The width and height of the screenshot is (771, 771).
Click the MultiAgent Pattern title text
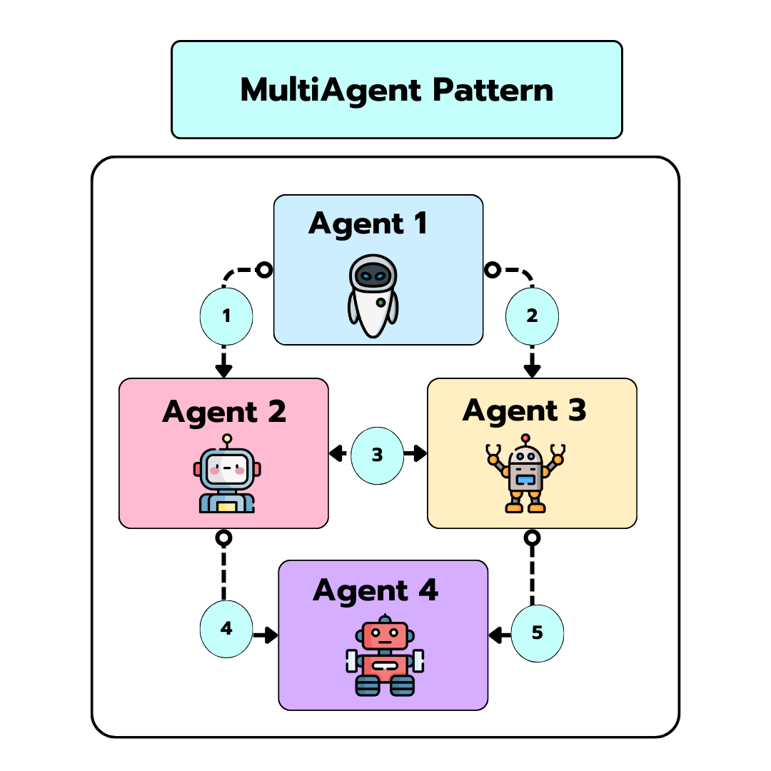coord(396,90)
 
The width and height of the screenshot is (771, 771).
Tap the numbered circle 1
coord(226,315)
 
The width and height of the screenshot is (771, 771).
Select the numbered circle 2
coord(532,315)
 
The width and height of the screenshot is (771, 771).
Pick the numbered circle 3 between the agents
coord(378,454)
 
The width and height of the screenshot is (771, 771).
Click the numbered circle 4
coord(226,628)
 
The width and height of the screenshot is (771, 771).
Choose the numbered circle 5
coord(538,633)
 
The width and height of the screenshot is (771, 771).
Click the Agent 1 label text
coord(368,223)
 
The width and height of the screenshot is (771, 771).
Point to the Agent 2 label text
coord(224,412)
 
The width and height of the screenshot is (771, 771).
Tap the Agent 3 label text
coord(524,410)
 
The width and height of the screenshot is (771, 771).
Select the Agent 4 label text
coord(375,591)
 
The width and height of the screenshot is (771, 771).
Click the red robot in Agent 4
coord(385,655)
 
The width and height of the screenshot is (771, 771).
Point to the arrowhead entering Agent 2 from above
coord(224,371)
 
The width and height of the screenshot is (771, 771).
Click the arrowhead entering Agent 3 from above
coord(532,371)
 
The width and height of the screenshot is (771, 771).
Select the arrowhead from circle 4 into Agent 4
coord(270,634)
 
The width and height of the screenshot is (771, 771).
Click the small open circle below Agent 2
coord(224,536)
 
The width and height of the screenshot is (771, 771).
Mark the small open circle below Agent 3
coord(532,536)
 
